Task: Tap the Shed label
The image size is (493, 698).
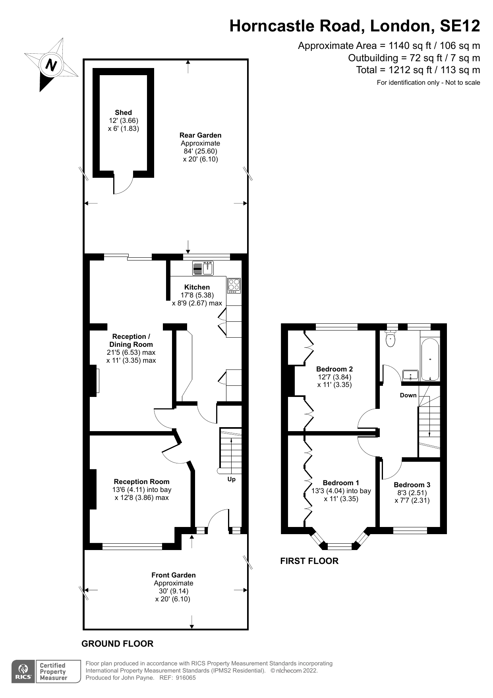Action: [123, 113]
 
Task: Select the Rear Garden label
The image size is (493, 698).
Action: [200, 135]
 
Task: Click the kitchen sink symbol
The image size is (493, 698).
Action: [208, 268]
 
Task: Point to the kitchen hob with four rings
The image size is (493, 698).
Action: [234, 286]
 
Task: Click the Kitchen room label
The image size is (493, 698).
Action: [197, 287]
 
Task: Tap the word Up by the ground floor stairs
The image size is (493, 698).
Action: [231, 479]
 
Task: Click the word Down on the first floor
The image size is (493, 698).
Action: [408, 395]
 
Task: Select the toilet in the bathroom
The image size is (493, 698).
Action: [391, 339]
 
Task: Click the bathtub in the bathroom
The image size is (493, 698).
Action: [430, 359]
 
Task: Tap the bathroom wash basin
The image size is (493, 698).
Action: [410, 375]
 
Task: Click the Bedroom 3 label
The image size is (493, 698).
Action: [412, 485]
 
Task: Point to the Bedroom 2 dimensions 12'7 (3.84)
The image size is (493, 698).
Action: [334, 377]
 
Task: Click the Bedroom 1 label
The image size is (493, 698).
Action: [341, 483]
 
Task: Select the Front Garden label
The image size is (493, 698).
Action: [174, 575]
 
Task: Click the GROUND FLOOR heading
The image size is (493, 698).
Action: [117, 644]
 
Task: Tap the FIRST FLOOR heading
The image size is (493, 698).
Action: [309, 561]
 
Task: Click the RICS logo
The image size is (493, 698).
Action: [24, 671]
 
